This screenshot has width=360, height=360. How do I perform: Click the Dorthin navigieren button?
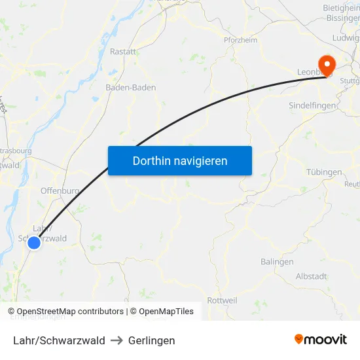pyautogui.click(x=180, y=160)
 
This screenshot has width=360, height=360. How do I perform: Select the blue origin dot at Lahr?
pyautogui.click(x=34, y=243)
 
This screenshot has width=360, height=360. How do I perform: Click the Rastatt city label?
pyautogui.click(x=123, y=51)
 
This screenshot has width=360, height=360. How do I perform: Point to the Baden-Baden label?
pyautogui.click(x=130, y=87)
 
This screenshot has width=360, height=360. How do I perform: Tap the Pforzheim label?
pyautogui.click(x=240, y=39)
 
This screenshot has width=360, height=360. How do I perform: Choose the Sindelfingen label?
pyautogui.click(x=313, y=105)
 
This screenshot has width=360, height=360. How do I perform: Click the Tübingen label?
pyautogui.click(x=324, y=172)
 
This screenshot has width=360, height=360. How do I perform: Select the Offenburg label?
pyautogui.click(x=60, y=190)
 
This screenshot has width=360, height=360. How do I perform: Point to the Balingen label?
pyautogui.click(x=277, y=262)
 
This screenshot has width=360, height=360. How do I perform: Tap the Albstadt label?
pyautogui.click(x=311, y=276)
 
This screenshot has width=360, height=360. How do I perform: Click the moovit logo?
pyautogui.click(x=321, y=340)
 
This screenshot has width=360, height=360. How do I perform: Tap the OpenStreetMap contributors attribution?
pyautogui.click(x=65, y=312)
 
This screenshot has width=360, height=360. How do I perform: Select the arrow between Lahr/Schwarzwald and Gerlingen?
pyautogui.click(x=117, y=340)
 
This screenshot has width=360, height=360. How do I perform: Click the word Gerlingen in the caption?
pyautogui.click(x=152, y=340)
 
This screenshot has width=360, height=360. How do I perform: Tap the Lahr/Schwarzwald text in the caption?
pyautogui.click(x=59, y=340)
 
